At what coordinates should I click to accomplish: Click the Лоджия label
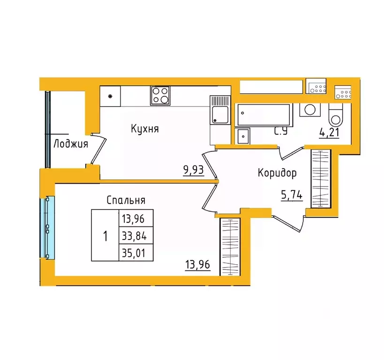click(71, 144)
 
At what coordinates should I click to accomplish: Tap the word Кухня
click(144, 128)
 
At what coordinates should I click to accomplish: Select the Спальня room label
click(126, 200)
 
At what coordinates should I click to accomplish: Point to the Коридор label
click(277, 173)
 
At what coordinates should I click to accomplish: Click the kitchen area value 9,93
click(193, 170)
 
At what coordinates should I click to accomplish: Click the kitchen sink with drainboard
click(219, 110)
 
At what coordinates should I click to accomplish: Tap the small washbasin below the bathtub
click(243, 136)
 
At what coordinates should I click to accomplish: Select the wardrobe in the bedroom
click(229, 247)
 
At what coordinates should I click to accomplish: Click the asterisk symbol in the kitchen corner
click(110, 97)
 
